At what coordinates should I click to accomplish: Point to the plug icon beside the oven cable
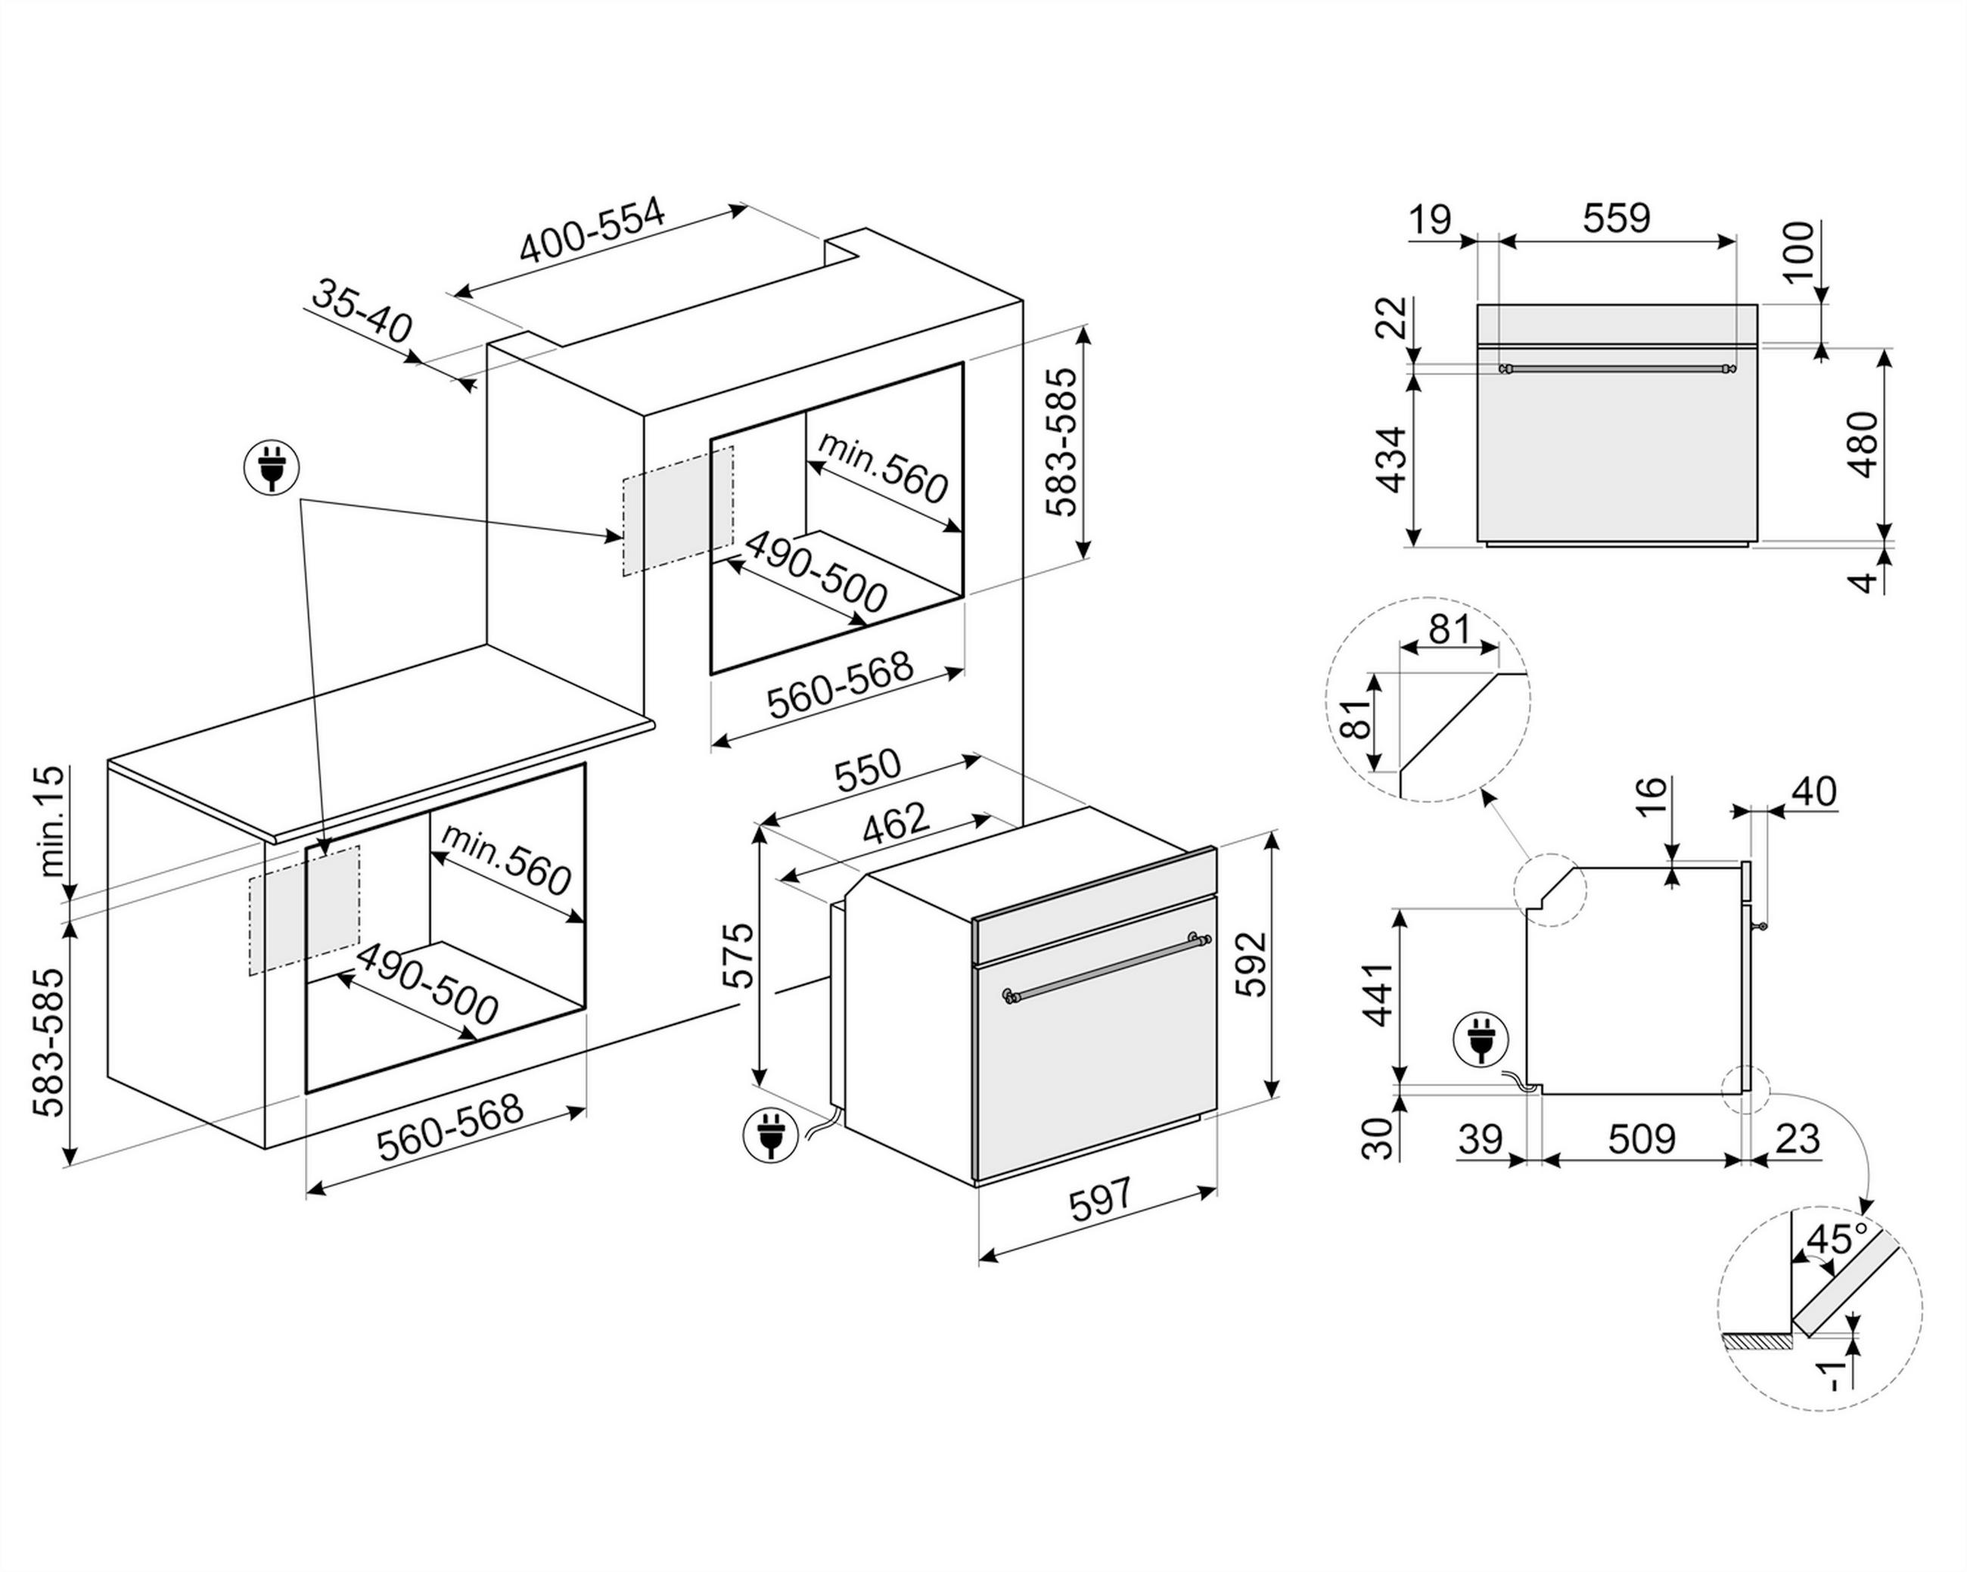click(x=771, y=1134)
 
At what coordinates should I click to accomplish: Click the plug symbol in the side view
click(x=1481, y=1039)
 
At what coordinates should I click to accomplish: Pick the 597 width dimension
click(x=1100, y=1200)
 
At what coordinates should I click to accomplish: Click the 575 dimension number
click(x=738, y=955)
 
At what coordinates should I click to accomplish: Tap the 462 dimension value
click(x=895, y=823)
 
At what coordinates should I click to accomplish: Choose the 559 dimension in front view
click(x=1616, y=218)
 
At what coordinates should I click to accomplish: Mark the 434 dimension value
click(x=1390, y=459)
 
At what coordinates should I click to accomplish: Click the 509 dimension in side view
click(x=1641, y=1139)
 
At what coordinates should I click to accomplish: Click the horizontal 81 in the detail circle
click(x=1450, y=629)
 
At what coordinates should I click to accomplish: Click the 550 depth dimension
click(x=868, y=769)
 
